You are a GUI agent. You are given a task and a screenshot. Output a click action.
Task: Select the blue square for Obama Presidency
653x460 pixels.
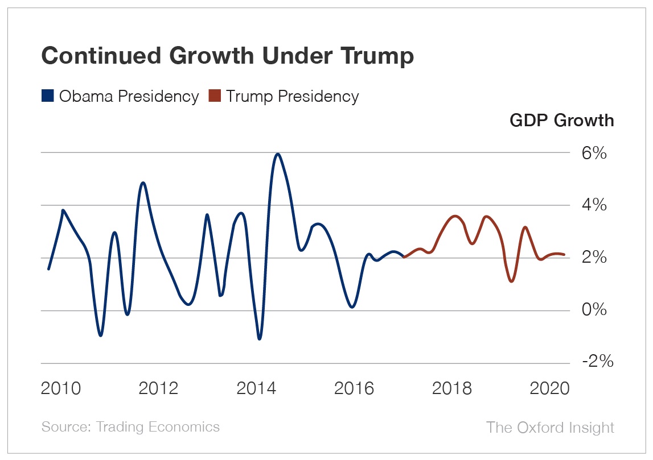(x=48, y=96)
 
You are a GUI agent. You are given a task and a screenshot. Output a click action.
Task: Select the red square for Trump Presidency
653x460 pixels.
(x=214, y=96)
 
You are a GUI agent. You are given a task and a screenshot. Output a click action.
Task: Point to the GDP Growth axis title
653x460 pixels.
(x=561, y=121)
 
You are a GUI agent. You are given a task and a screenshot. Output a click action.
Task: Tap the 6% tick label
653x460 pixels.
(x=594, y=154)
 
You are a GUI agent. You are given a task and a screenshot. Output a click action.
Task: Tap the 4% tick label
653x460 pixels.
(x=594, y=205)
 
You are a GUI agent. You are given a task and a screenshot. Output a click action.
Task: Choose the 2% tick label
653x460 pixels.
(x=594, y=258)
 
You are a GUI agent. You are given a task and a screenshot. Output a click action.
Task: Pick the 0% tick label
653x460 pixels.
(x=594, y=310)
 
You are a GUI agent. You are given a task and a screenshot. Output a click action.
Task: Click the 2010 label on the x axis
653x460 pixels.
(x=61, y=389)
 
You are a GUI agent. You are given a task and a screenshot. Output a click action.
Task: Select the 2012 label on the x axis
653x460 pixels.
(x=159, y=389)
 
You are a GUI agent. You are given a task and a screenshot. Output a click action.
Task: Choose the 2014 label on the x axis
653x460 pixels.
(x=256, y=389)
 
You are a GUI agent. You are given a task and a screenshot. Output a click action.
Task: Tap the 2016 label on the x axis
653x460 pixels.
(x=354, y=389)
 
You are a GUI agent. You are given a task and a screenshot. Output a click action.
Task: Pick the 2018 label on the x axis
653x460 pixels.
(x=452, y=389)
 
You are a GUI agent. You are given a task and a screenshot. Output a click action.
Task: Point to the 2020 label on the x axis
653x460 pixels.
(x=549, y=389)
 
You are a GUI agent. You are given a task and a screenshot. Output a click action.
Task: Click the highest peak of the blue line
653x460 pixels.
(x=277, y=154)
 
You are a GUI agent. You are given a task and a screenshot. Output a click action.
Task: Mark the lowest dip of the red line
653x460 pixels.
(x=512, y=281)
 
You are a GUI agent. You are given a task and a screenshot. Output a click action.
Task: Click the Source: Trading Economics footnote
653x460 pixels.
(x=130, y=427)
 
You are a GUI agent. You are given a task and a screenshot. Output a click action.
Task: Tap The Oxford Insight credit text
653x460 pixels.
(x=550, y=428)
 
